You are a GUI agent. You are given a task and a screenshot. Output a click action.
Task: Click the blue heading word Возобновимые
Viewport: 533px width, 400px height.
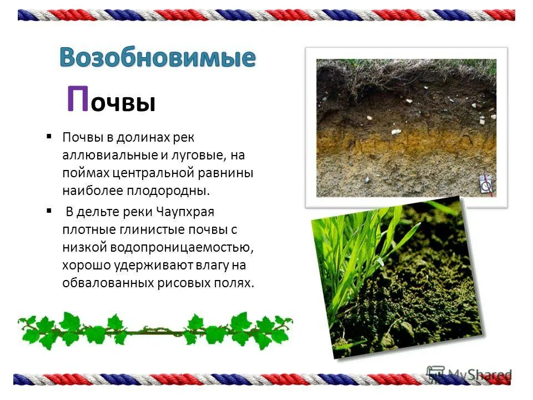coord(158,57)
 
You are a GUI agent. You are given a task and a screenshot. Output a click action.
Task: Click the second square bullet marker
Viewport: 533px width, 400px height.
coord(49,212)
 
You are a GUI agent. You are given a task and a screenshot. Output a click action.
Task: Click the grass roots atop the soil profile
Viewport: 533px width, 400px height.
coord(405,69)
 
